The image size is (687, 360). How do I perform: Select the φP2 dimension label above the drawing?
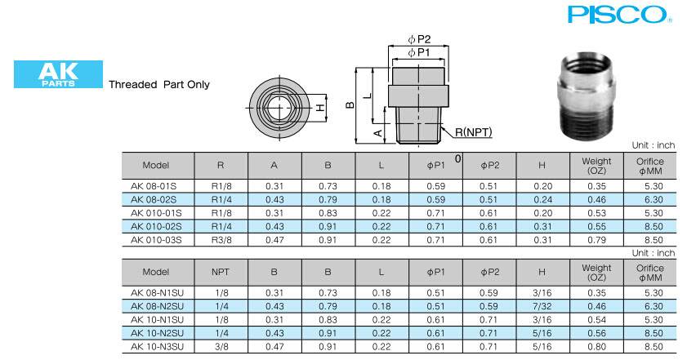(x=419, y=39)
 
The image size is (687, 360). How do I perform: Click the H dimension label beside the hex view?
(x=321, y=107)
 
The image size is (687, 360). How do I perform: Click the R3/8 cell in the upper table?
(x=221, y=240)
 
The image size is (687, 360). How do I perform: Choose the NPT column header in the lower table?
(x=221, y=272)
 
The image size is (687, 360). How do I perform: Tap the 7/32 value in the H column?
(x=542, y=306)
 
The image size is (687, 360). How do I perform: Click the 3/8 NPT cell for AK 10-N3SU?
(x=221, y=347)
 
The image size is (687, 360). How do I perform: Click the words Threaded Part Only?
(x=159, y=84)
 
